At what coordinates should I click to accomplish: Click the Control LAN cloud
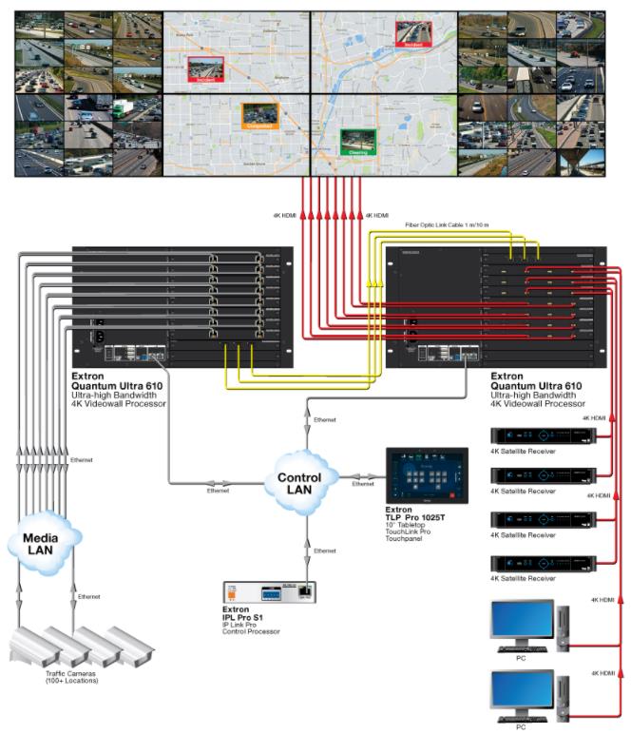coord(306,478)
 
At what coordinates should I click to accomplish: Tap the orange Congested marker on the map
coord(257,116)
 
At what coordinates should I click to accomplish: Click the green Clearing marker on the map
coord(358,142)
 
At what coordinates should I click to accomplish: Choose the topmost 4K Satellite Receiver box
coord(542,435)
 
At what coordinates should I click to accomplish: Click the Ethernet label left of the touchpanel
coord(364,484)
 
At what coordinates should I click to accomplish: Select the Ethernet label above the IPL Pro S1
coord(324,550)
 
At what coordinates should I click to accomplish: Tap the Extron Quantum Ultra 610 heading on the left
coord(119,381)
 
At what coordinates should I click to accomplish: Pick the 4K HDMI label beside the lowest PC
coord(603,673)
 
